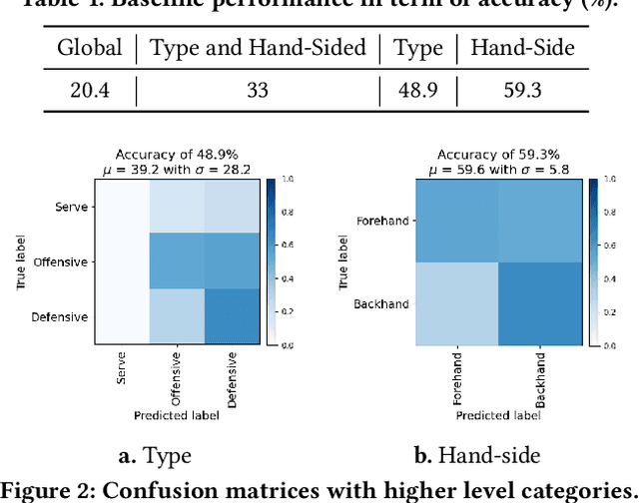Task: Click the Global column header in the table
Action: coord(89,47)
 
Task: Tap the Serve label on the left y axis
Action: coord(72,208)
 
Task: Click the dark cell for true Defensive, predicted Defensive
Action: coord(231,316)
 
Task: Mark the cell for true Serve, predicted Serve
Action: coord(122,208)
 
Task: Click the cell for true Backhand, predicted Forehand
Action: coord(456,303)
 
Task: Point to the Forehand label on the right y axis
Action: coord(381,221)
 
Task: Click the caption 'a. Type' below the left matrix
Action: coord(154,457)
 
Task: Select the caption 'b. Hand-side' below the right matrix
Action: coord(476,457)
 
